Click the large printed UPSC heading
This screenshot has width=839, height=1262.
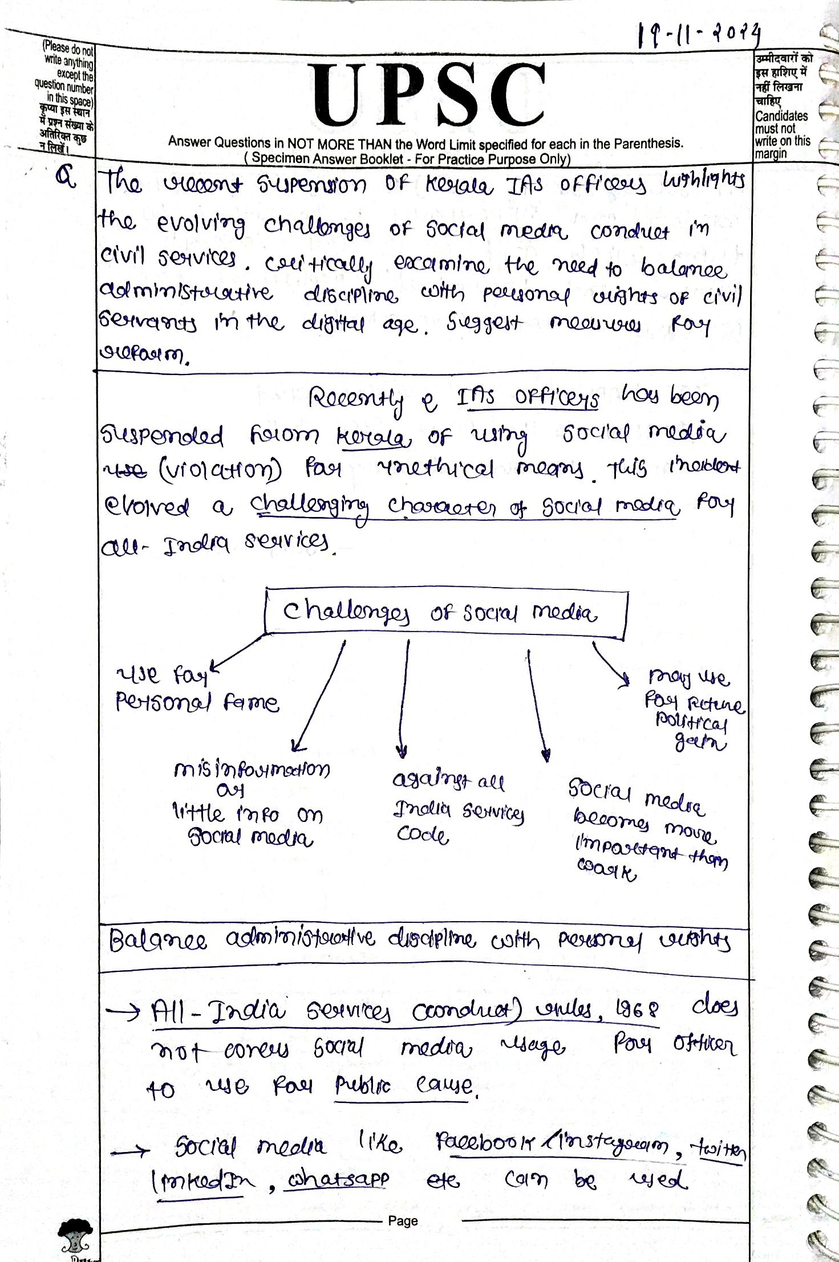coord(428,95)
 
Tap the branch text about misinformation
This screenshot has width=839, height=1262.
coord(251,804)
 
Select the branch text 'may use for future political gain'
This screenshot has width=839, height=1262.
coord(693,710)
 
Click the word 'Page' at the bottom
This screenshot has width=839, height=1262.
coord(403,1220)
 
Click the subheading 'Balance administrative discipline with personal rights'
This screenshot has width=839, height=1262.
coord(419,941)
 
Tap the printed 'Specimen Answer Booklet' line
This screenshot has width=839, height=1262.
coord(407,159)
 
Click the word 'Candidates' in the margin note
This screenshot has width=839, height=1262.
coord(781,116)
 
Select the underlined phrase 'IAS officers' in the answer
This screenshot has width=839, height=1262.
coord(528,398)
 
